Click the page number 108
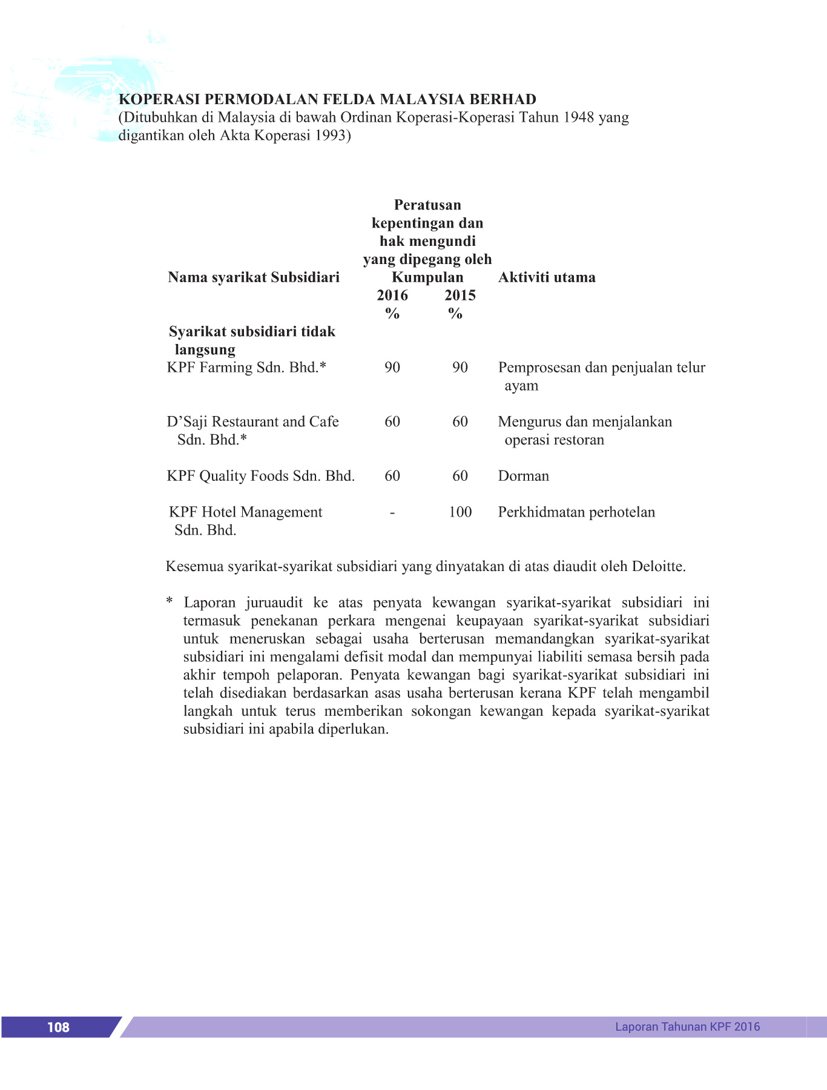tap(58, 1027)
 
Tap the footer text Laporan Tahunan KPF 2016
tap(687, 1026)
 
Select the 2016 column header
tap(392, 296)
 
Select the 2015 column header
tap(460, 296)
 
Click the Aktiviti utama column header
tap(547, 277)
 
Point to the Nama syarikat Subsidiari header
tap(254, 277)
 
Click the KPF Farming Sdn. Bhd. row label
tap(246, 368)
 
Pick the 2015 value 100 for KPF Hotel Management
tap(460, 512)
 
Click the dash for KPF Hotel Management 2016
tap(392, 512)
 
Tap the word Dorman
tap(524, 476)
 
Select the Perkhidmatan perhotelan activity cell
tap(576, 512)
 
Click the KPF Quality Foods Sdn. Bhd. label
tap(261, 476)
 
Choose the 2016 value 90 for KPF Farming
tap(392, 368)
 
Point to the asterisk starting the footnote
tap(170, 602)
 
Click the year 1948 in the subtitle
tap(579, 117)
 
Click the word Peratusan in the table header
tap(427, 205)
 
